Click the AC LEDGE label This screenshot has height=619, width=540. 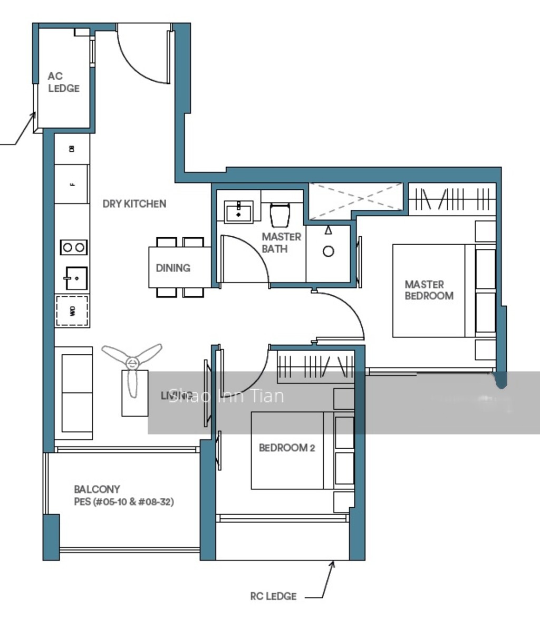tap(64, 82)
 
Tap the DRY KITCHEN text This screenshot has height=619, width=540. tap(134, 204)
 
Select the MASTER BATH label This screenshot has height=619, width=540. tap(282, 243)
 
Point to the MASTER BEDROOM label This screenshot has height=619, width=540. tap(429, 290)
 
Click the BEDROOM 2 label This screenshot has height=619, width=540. tap(287, 448)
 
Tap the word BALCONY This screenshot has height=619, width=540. tap(97, 489)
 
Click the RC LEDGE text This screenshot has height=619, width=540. tap(273, 596)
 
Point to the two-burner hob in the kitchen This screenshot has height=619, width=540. tap(73, 247)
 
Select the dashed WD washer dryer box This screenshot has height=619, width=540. tap(72, 310)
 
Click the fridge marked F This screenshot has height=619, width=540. tap(72, 184)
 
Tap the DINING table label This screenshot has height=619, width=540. tap(173, 268)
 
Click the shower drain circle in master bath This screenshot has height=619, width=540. tap(328, 252)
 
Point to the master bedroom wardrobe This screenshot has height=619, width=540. tap(452, 199)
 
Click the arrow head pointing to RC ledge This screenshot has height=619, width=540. tap(332, 564)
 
